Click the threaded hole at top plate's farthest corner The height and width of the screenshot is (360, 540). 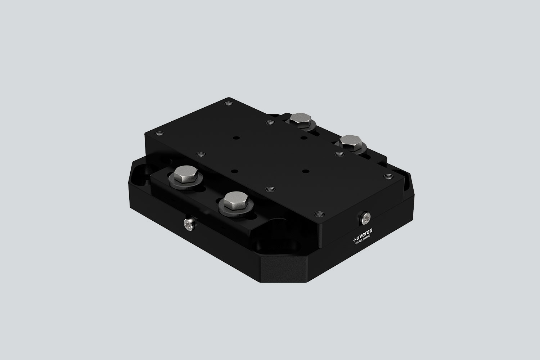(x=227, y=103)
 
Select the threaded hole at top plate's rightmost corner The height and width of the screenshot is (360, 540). (x=388, y=177)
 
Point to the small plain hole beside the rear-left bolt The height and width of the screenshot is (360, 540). (x=304, y=138)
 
